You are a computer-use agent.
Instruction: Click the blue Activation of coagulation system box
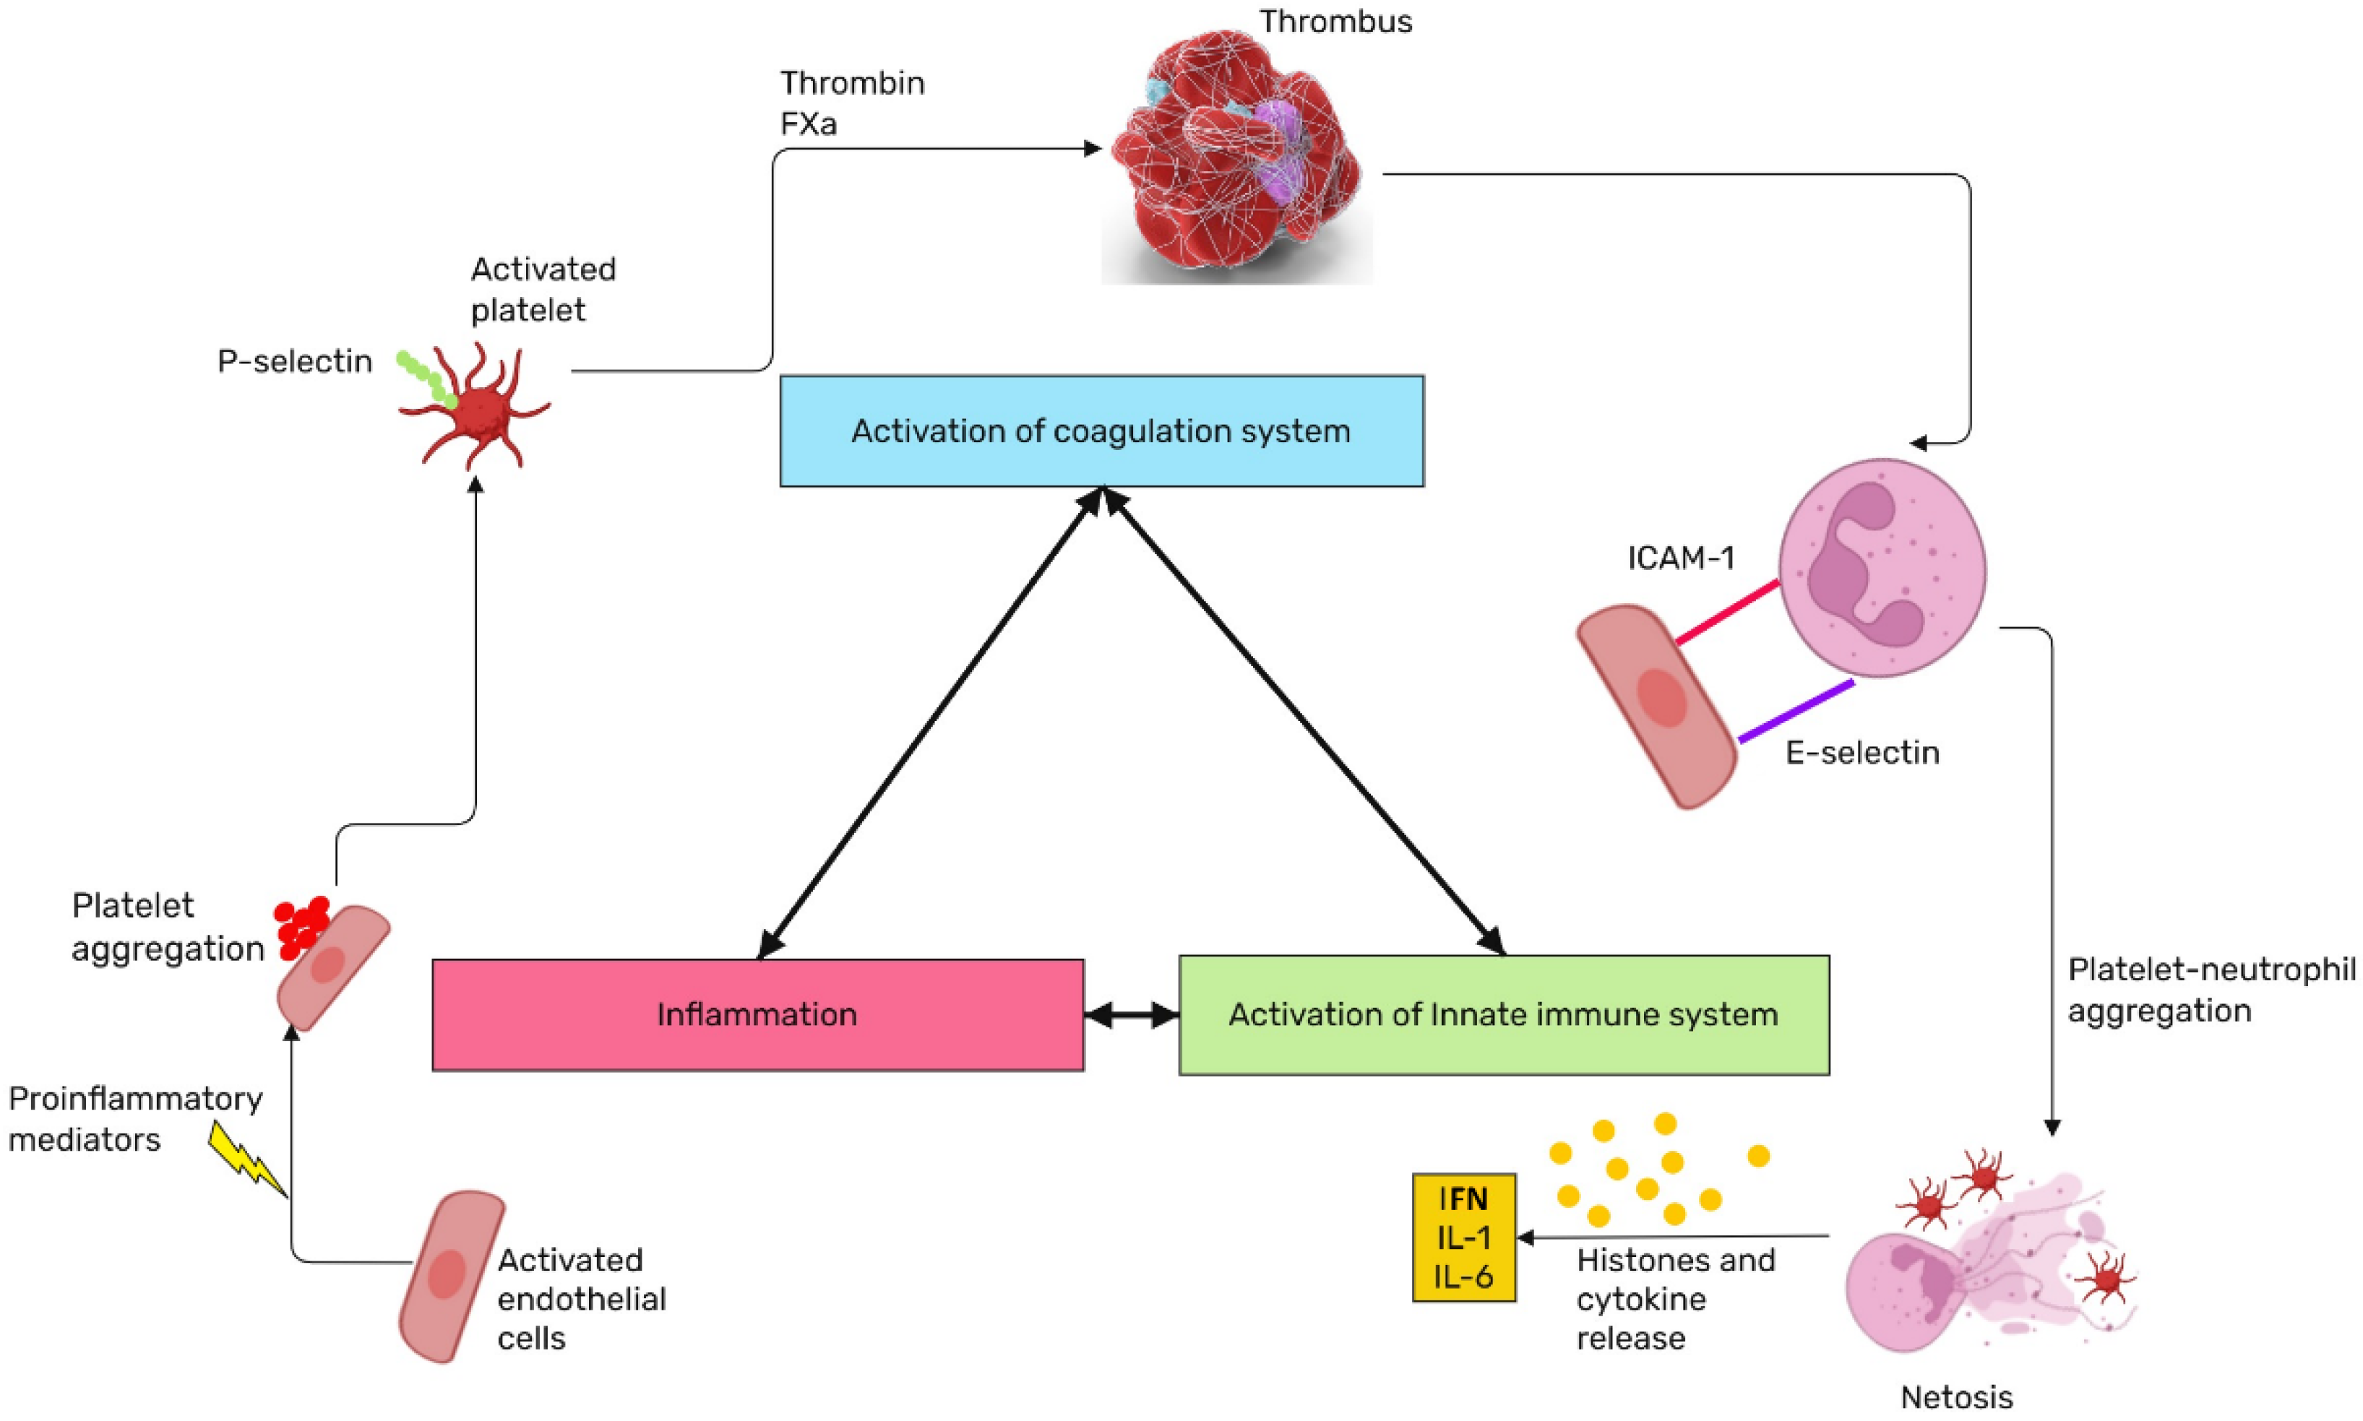coord(1101,431)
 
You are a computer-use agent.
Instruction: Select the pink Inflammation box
coord(757,1015)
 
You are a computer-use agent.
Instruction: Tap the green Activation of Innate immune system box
coord(1504,1015)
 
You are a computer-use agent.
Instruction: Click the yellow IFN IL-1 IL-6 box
coord(1463,1238)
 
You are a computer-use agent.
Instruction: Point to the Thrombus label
coord(1335,21)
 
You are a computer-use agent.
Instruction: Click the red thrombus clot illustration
coord(1236,163)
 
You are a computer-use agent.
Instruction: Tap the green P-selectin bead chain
coord(426,379)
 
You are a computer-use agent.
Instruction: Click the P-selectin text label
coord(295,361)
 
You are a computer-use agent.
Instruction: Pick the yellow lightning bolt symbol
coord(247,1159)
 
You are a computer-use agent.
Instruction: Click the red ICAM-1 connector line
coord(1727,612)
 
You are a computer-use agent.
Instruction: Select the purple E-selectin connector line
coord(1796,712)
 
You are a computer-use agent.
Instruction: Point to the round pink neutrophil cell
coord(1882,568)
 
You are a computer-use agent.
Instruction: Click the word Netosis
coord(1957,1398)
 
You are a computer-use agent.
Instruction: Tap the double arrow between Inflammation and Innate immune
coord(1131,1015)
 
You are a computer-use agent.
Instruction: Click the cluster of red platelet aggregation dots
coord(303,927)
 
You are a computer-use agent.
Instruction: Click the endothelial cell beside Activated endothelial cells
coord(451,1277)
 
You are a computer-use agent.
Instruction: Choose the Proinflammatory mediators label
coord(135,1118)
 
